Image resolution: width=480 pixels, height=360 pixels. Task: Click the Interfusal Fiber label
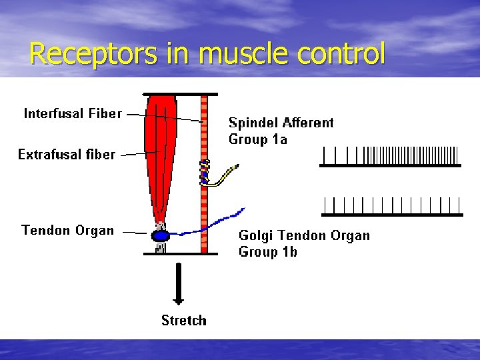[x=73, y=113]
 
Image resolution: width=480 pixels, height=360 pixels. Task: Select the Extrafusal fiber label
[x=66, y=155]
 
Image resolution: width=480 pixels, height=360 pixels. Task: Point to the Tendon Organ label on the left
[x=67, y=231]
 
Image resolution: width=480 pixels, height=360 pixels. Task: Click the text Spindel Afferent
[x=281, y=123]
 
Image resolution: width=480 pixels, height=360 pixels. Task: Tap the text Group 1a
[x=257, y=139]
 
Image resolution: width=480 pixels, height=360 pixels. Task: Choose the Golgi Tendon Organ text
[x=304, y=235]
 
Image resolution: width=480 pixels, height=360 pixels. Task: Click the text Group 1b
[x=268, y=252]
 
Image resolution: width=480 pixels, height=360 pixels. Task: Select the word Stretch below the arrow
[x=184, y=321]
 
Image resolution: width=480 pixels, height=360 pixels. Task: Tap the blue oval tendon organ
[x=161, y=236]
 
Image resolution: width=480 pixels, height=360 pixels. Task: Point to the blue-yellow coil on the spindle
[x=205, y=172]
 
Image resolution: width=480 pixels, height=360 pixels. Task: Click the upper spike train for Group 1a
[x=390, y=156]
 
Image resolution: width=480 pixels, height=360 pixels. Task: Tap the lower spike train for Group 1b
[x=391, y=206]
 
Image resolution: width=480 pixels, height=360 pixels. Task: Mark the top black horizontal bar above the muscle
[x=180, y=94]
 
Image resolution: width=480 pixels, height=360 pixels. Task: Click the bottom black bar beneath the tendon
[x=180, y=254]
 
